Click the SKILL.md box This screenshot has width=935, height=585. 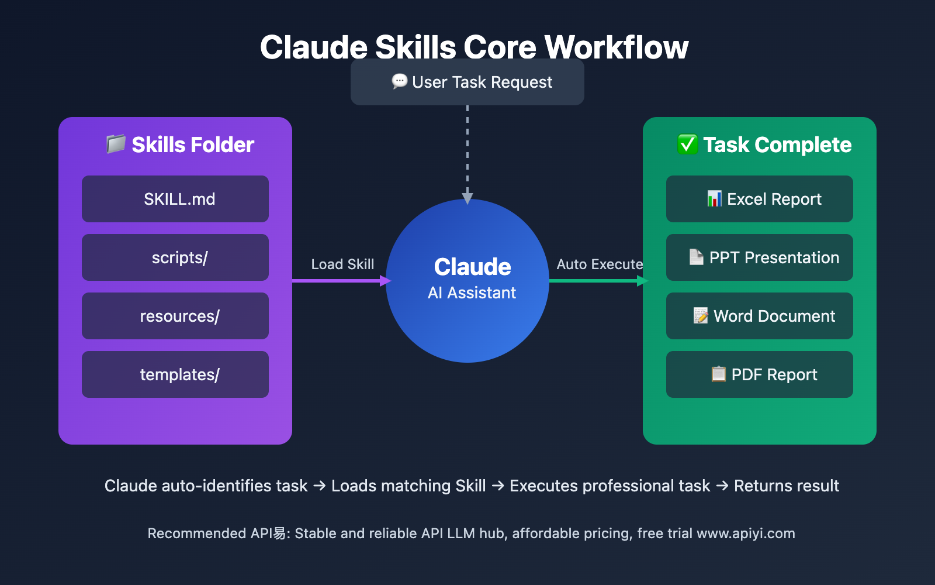point(175,199)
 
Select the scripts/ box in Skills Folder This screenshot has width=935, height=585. point(175,257)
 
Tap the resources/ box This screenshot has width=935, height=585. point(175,316)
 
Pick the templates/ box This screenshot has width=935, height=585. point(175,374)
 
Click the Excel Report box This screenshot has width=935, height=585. point(760,199)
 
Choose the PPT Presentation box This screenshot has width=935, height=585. point(760,257)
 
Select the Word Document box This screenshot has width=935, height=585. point(760,316)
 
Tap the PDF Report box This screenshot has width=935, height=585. point(760,374)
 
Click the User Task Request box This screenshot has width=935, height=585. point(467,82)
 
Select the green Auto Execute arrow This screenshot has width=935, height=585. point(596,281)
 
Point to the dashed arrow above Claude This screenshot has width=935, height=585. point(467,152)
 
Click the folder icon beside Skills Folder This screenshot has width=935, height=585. point(116,144)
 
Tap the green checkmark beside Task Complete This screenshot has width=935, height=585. point(687,144)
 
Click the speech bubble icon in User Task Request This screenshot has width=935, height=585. point(400,81)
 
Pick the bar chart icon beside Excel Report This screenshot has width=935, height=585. point(714,199)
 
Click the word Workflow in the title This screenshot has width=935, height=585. point(617,47)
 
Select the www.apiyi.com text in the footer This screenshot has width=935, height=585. point(746,534)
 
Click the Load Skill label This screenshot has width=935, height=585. point(342,264)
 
